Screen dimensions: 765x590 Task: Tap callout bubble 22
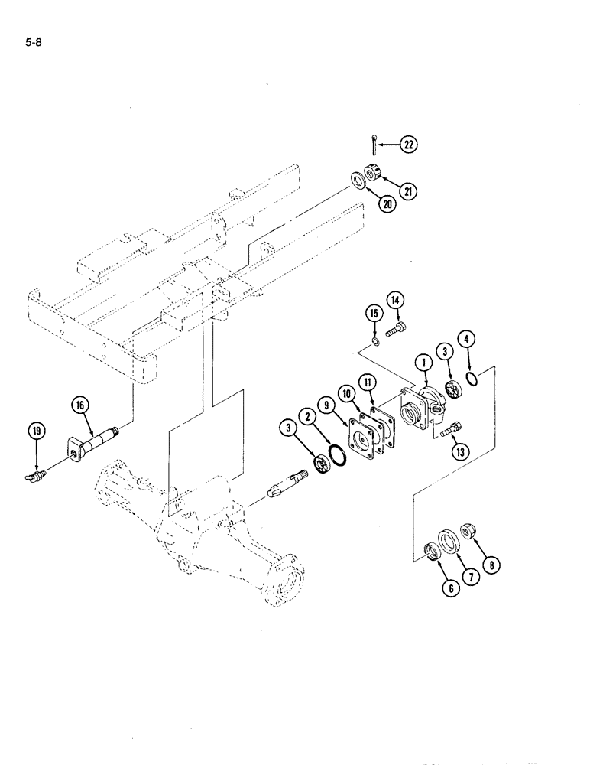coord(408,144)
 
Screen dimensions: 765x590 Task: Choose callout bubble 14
coord(395,300)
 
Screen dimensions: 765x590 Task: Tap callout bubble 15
coord(373,313)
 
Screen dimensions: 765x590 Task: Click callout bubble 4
coord(468,337)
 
